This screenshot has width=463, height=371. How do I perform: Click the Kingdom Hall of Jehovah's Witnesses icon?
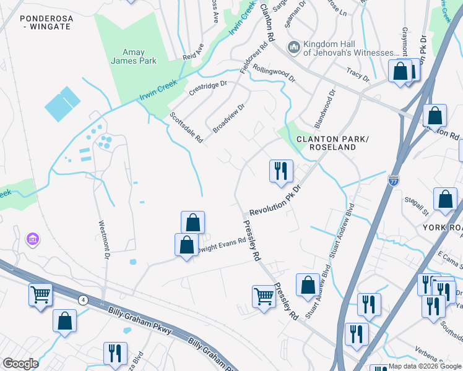(x=293, y=47)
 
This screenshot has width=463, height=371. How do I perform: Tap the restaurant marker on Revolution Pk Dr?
(x=281, y=171)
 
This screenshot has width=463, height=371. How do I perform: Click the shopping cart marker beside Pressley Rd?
(x=264, y=296)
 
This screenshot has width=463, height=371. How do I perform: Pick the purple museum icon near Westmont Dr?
(x=33, y=239)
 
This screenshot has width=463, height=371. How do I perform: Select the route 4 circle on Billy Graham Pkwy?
(x=82, y=300)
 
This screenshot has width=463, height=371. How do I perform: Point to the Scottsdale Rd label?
(x=187, y=127)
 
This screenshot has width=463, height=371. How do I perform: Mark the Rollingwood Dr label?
(x=274, y=75)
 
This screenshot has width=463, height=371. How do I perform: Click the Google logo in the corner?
(x=20, y=364)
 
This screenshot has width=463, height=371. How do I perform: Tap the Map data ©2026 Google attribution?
(x=425, y=367)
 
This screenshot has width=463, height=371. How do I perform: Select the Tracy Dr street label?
(x=357, y=75)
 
